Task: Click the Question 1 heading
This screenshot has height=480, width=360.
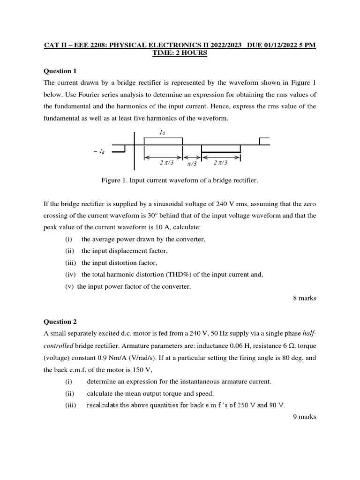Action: (60, 71)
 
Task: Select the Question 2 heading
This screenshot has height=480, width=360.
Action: (60, 322)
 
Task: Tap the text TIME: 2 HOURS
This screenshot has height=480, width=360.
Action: (180, 53)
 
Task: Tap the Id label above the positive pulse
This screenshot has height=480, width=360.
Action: (162, 133)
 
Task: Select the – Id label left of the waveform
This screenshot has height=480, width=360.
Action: (99, 151)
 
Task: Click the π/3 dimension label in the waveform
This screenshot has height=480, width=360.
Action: (192, 164)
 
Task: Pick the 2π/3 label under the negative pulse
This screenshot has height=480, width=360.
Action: (220, 163)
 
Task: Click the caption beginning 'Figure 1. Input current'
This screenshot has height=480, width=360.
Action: (180, 180)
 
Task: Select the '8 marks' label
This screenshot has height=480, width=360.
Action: (304, 298)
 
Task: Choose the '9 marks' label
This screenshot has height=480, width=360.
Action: (304, 416)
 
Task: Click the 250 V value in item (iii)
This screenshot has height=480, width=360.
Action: (245, 405)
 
